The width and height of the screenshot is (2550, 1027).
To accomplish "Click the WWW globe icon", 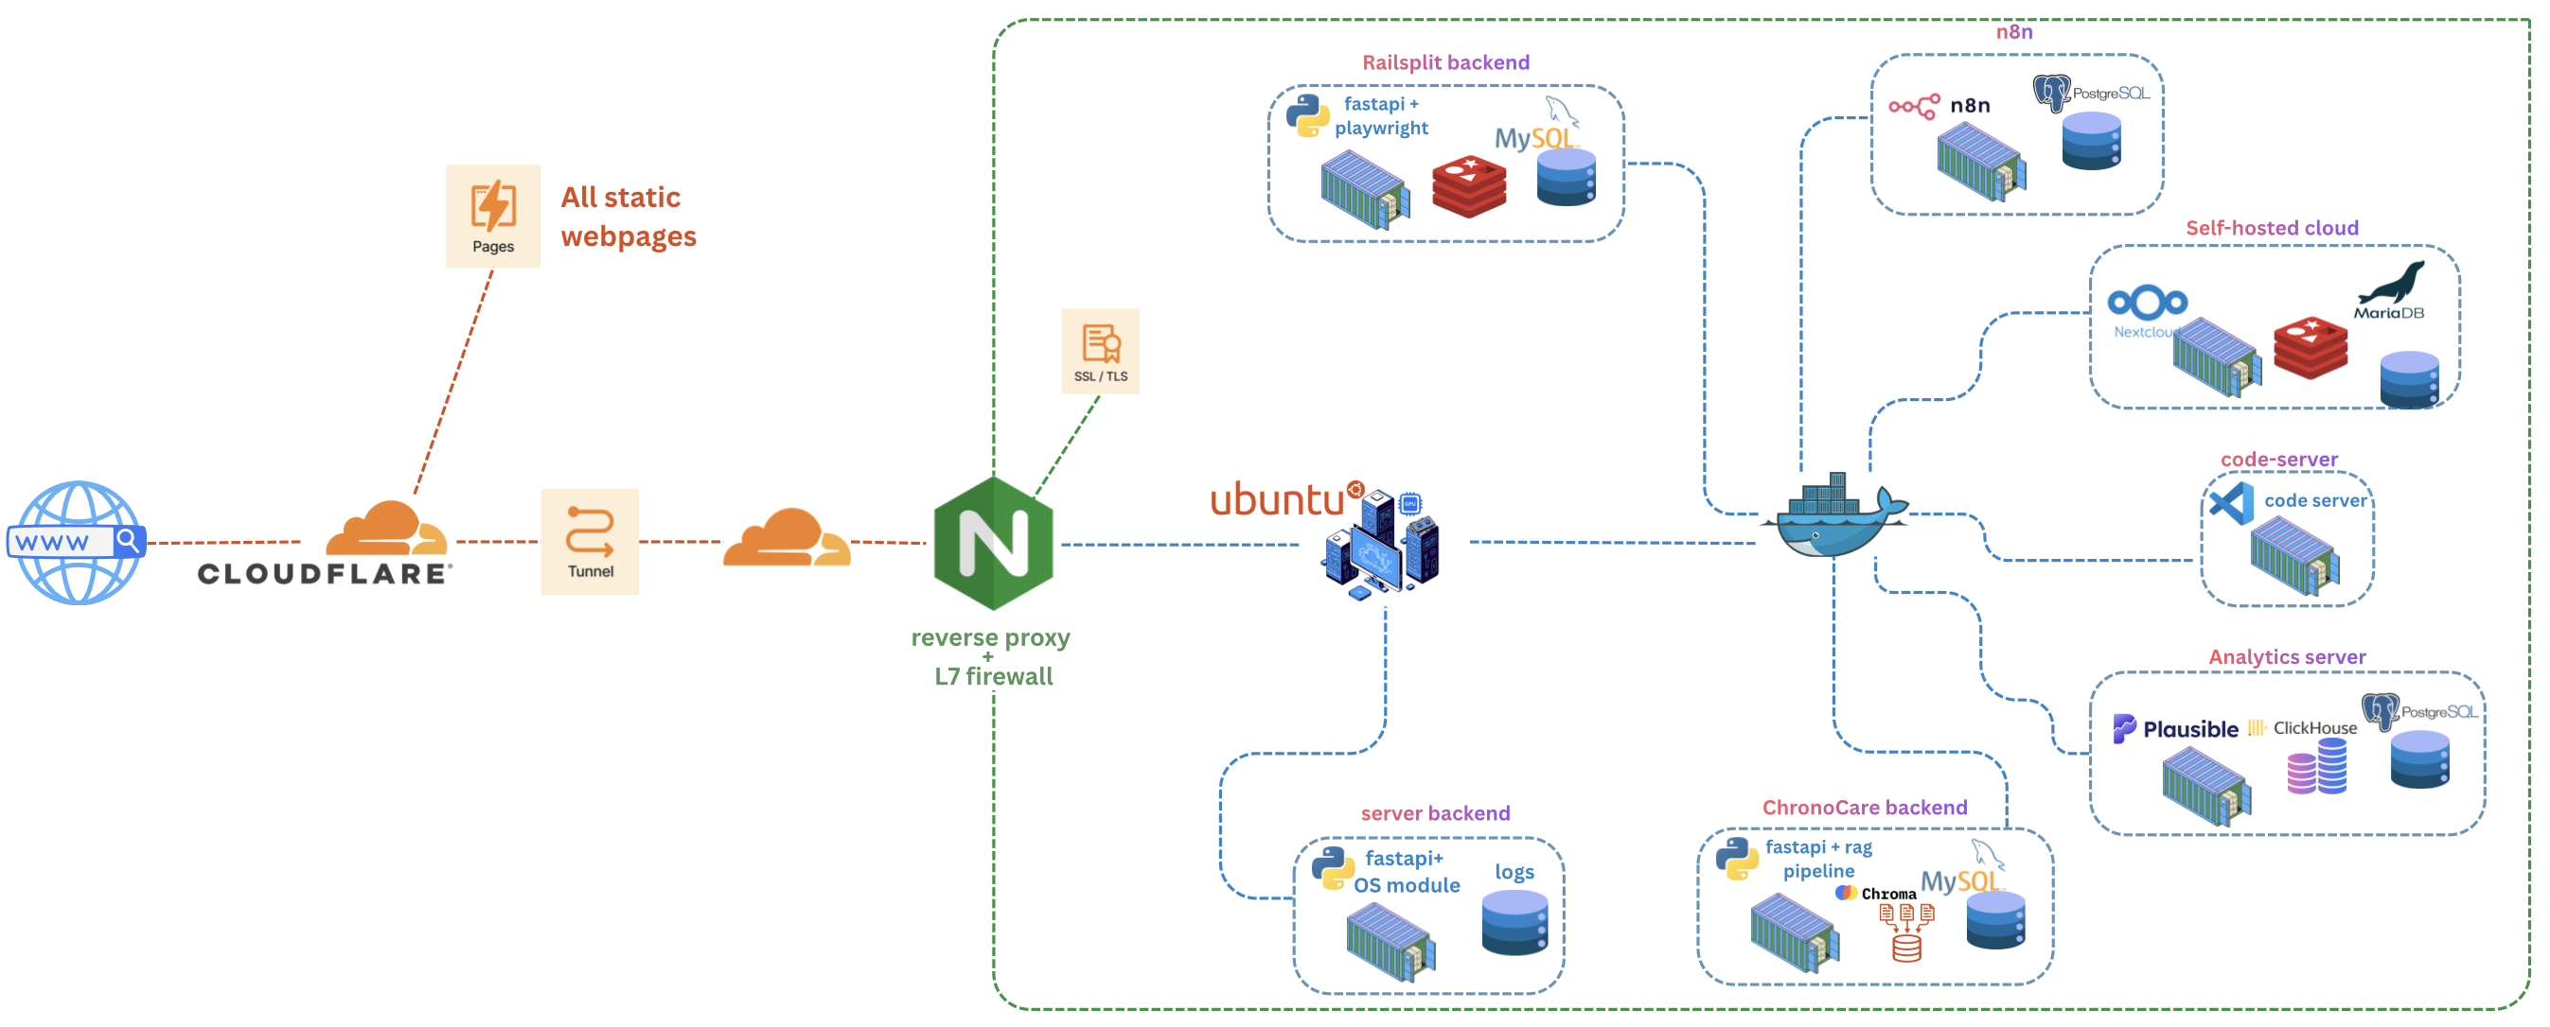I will pyautogui.click(x=78, y=542).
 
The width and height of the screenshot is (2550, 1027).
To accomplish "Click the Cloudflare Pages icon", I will pyautogui.click(x=493, y=216).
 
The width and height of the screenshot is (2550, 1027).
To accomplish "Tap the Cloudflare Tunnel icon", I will pyautogui.click(x=590, y=541).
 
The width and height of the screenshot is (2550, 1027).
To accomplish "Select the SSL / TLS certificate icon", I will pyautogui.click(x=1100, y=351).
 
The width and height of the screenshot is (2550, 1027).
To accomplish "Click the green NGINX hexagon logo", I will pyautogui.click(x=993, y=543).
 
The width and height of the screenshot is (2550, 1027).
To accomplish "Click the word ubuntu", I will pyautogui.click(x=1277, y=499).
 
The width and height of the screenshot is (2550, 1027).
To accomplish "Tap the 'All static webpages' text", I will pyautogui.click(x=628, y=217).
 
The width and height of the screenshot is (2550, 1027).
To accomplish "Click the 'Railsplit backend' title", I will pyautogui.click(x=1445, y=62).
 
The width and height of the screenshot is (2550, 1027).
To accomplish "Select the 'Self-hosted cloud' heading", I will pyautogui.click(x=2272, y=228).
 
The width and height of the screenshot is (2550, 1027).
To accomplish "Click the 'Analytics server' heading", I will pyautogui.click(x=2287, y=657).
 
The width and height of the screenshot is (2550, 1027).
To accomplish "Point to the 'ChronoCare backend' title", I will pyautogui.click(x=1864, y=808).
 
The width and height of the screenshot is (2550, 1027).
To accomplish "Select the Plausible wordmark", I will pyautogui.click(x=2189, y=729).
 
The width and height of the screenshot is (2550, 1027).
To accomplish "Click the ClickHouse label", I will pyautogui.click(x=2314, y=728).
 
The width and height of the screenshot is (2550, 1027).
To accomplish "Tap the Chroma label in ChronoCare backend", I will pyautogui.click(x=1887, y=894).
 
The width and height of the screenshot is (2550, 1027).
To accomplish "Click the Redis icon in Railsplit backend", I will pyautogui.click(x=1469, y=185).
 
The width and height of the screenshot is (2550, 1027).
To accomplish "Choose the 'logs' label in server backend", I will pyautogui.click(x=1514, y=872).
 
